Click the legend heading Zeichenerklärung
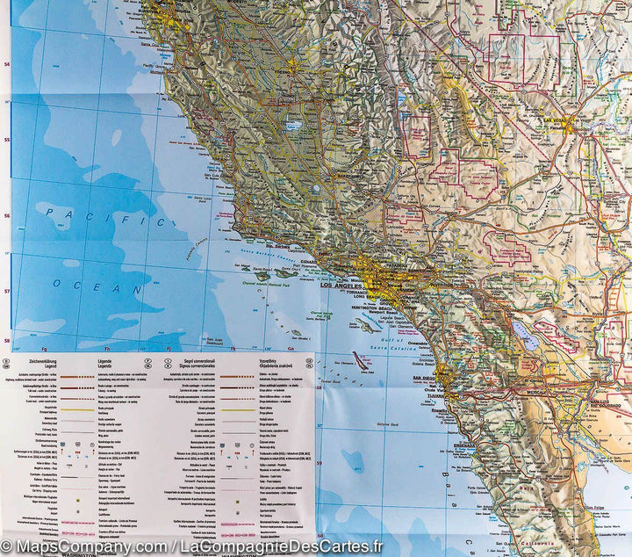click(x=34, y=360)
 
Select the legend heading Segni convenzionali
click(x=183, y=360)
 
